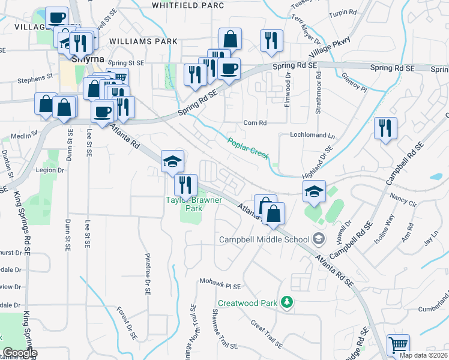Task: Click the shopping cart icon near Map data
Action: pos(398,345)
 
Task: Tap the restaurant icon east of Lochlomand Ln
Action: pos(385,128)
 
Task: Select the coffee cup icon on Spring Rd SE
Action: pos(228,68)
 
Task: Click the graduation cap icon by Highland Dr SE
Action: pos(313,191)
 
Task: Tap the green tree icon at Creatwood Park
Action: pos(287,302)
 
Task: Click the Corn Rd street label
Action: pos(255,123)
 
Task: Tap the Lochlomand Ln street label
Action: pos(312,135)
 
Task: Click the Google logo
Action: pos(20,353)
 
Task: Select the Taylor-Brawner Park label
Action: pos(194,204)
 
